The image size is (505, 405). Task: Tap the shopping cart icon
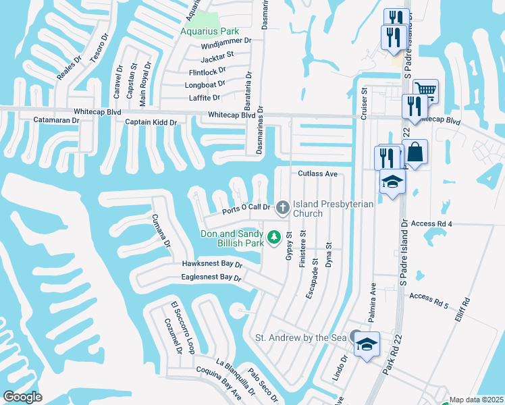[425, 90]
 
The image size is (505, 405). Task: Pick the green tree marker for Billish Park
[274, 237]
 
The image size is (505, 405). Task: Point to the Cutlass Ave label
[317, 173]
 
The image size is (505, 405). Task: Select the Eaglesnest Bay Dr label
[211, 277]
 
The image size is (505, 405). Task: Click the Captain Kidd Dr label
[151, 122]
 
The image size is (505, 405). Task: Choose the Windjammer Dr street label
[225, 40]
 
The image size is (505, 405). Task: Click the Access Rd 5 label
[428, 296]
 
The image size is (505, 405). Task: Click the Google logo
[23, 396]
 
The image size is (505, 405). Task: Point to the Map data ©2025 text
[476, 400]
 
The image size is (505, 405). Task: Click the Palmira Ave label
[371, 296]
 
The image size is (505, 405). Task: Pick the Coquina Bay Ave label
[218, 382]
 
